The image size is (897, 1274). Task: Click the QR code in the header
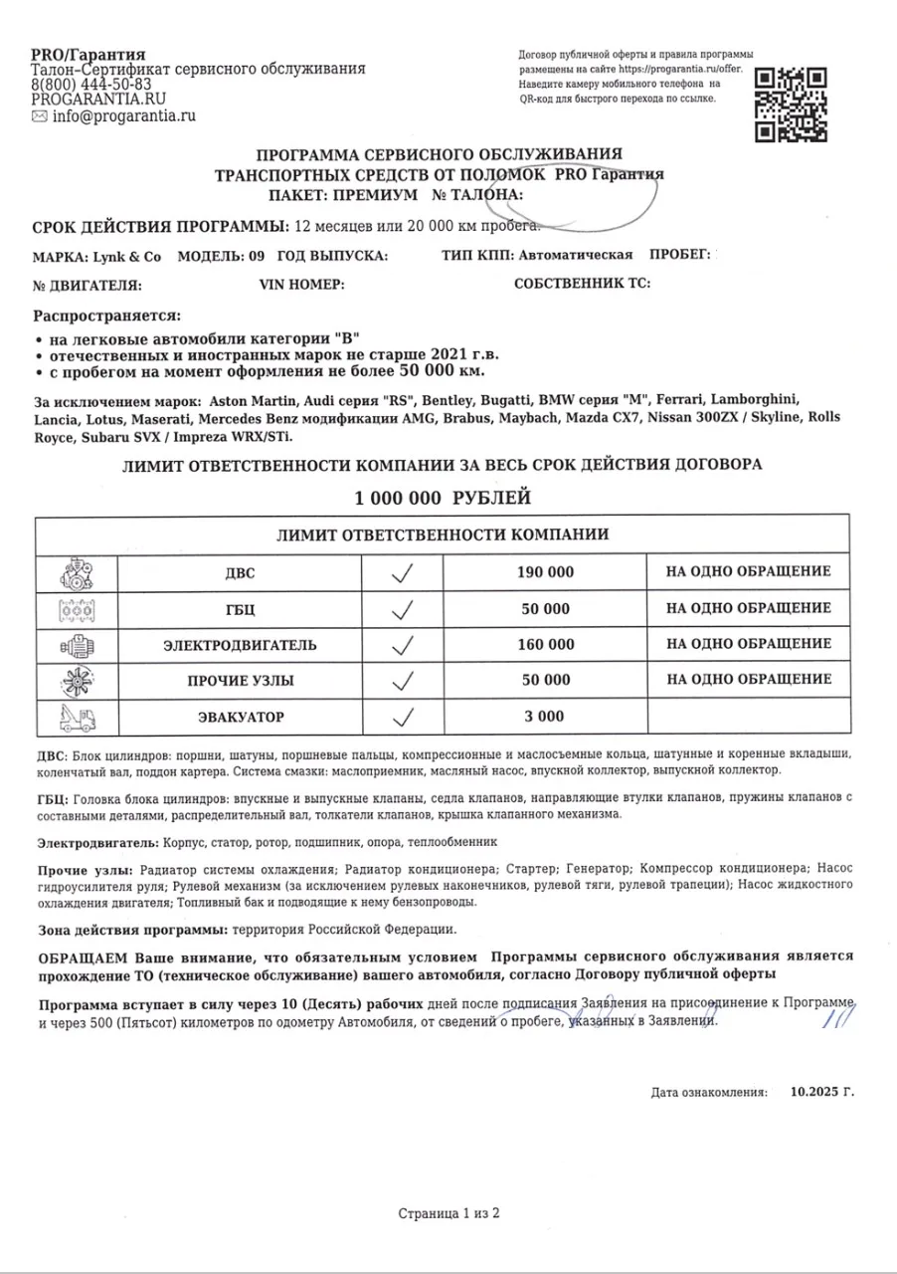click(x=792, y=105)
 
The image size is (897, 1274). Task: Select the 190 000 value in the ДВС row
click(x=545, y=572)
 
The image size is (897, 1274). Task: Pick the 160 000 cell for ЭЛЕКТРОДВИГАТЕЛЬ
click(x=545, y=645)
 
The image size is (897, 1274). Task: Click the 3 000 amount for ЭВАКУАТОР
click(x=545, y=717)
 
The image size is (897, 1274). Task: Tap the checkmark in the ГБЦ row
click(x=403, y=608)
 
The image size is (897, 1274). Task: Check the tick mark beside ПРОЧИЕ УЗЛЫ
click(x=403, y=681)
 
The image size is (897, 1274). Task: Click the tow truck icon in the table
click(x=76, y=717)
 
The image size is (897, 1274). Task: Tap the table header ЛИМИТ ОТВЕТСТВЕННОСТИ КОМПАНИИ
click(x=443, y=534)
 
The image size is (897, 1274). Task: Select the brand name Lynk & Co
click(x=128, y=255)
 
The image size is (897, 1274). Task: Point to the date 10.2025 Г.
click(x=822, y=1092)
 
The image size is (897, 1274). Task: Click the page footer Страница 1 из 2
click(x=448, y=1213)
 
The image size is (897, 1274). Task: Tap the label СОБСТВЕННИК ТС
click(x=582, y=285)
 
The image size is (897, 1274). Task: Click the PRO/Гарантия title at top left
click(x=89, y=54)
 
